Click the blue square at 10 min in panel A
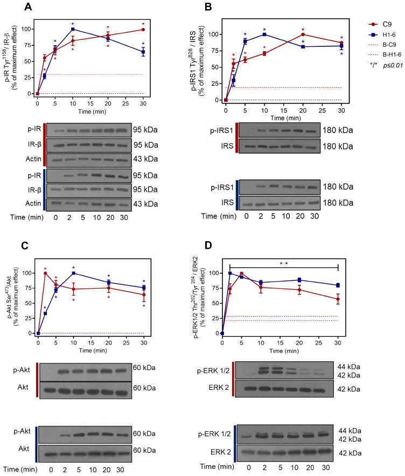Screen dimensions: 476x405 [73, 29]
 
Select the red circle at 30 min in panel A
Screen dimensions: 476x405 [143, 29]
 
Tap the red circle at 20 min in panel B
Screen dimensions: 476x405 [303, 34]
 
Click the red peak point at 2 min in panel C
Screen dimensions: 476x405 [45, 273]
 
